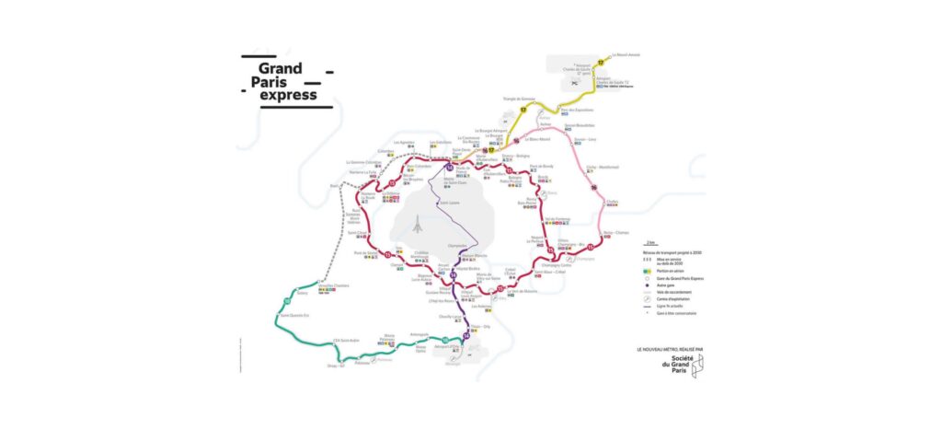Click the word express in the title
288,94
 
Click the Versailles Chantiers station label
336,285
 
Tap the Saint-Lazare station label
449,203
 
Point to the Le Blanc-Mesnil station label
537,139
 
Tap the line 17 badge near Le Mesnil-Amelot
601,61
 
